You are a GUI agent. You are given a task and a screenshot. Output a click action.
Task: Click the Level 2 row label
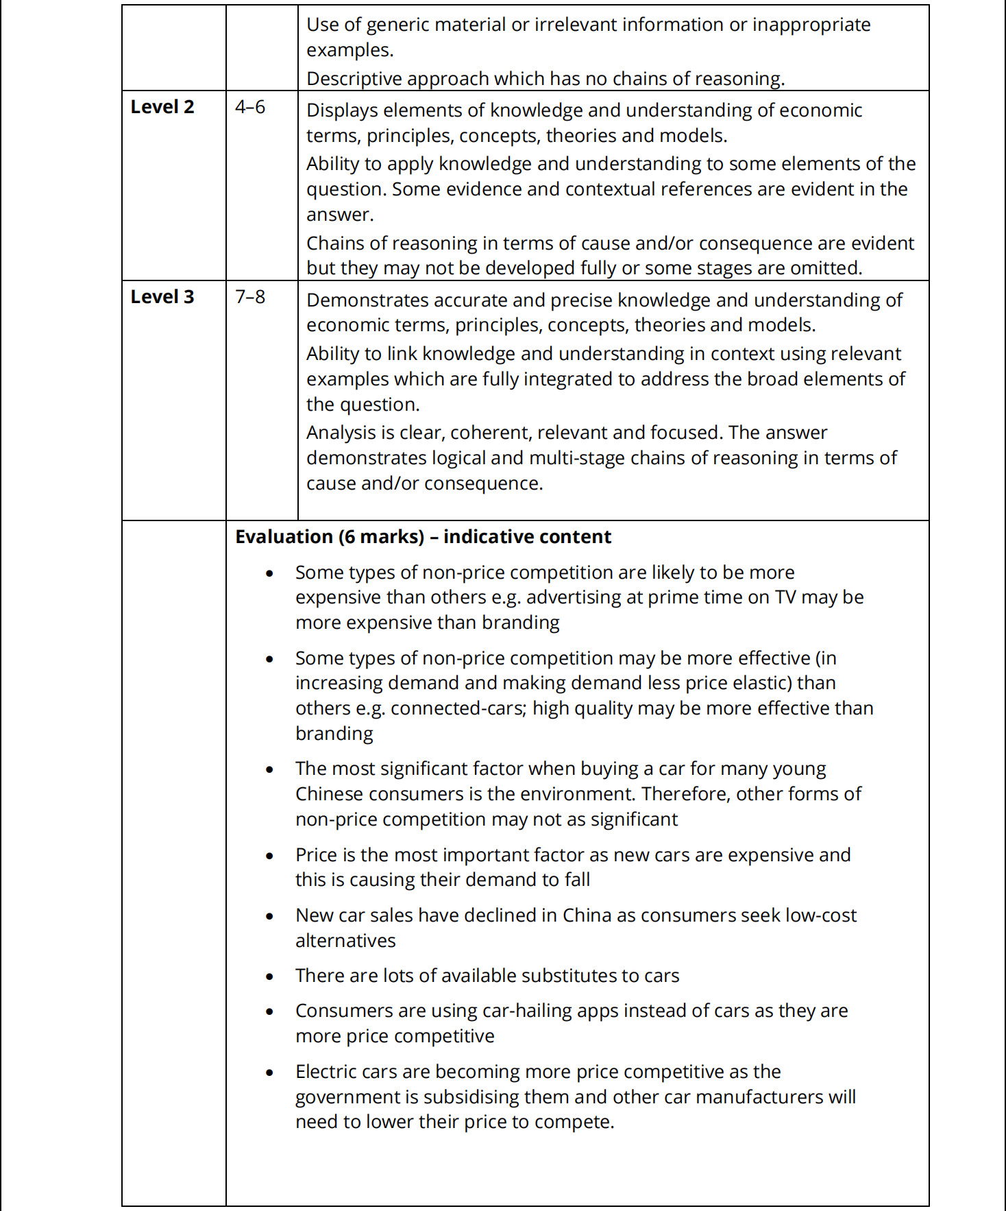coord(162,107)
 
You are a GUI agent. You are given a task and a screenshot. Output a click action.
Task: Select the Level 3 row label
coord(162,297)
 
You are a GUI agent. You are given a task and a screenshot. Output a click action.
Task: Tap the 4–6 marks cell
coord(250,107)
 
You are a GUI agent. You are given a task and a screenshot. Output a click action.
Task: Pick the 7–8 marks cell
coord(250,297)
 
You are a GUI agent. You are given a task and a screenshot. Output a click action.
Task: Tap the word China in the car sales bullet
coord(587,915)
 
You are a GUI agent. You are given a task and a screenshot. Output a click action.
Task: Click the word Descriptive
coord(356,79)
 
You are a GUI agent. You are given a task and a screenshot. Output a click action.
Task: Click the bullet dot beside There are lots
coord(270,976)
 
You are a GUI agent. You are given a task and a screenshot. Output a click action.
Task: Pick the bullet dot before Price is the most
coord(270,856)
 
